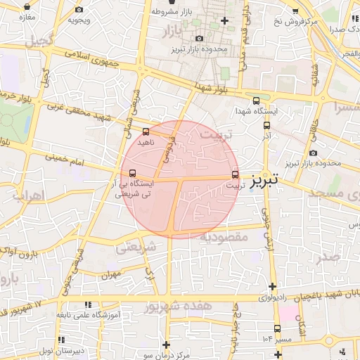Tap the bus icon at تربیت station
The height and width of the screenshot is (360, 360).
tap(235, 174)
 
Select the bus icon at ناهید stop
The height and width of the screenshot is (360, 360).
tap(146, 131)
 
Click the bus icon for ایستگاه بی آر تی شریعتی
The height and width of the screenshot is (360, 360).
tap(132, 173)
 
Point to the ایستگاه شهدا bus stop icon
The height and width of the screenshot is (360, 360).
tap(256, 101)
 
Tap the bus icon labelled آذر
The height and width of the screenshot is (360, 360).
tap(266, 125)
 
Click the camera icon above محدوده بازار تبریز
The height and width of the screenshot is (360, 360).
tap(200, 39)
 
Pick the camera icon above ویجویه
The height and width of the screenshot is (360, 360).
tap(79, 9)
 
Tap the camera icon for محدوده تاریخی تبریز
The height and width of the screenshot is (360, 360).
tap(312, 153)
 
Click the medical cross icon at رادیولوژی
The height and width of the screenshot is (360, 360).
tap(273, 287)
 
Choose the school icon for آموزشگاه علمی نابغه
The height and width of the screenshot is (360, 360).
tap(88, 305)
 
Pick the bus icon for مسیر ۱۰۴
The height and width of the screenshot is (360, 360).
tap(277, 328)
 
